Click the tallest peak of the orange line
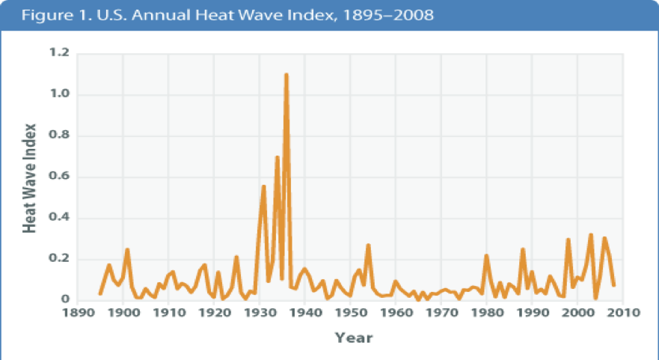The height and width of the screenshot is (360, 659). point(286,75)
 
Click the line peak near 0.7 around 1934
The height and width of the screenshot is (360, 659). point(278,157)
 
